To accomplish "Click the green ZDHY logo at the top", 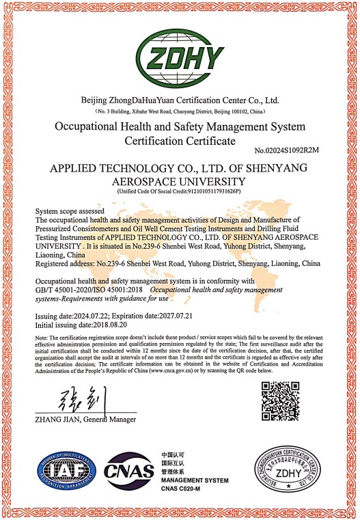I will (x=180, y=53).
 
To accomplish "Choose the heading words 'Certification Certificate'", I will (x=180, y=141).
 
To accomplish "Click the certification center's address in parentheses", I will (x=180, y=110).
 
